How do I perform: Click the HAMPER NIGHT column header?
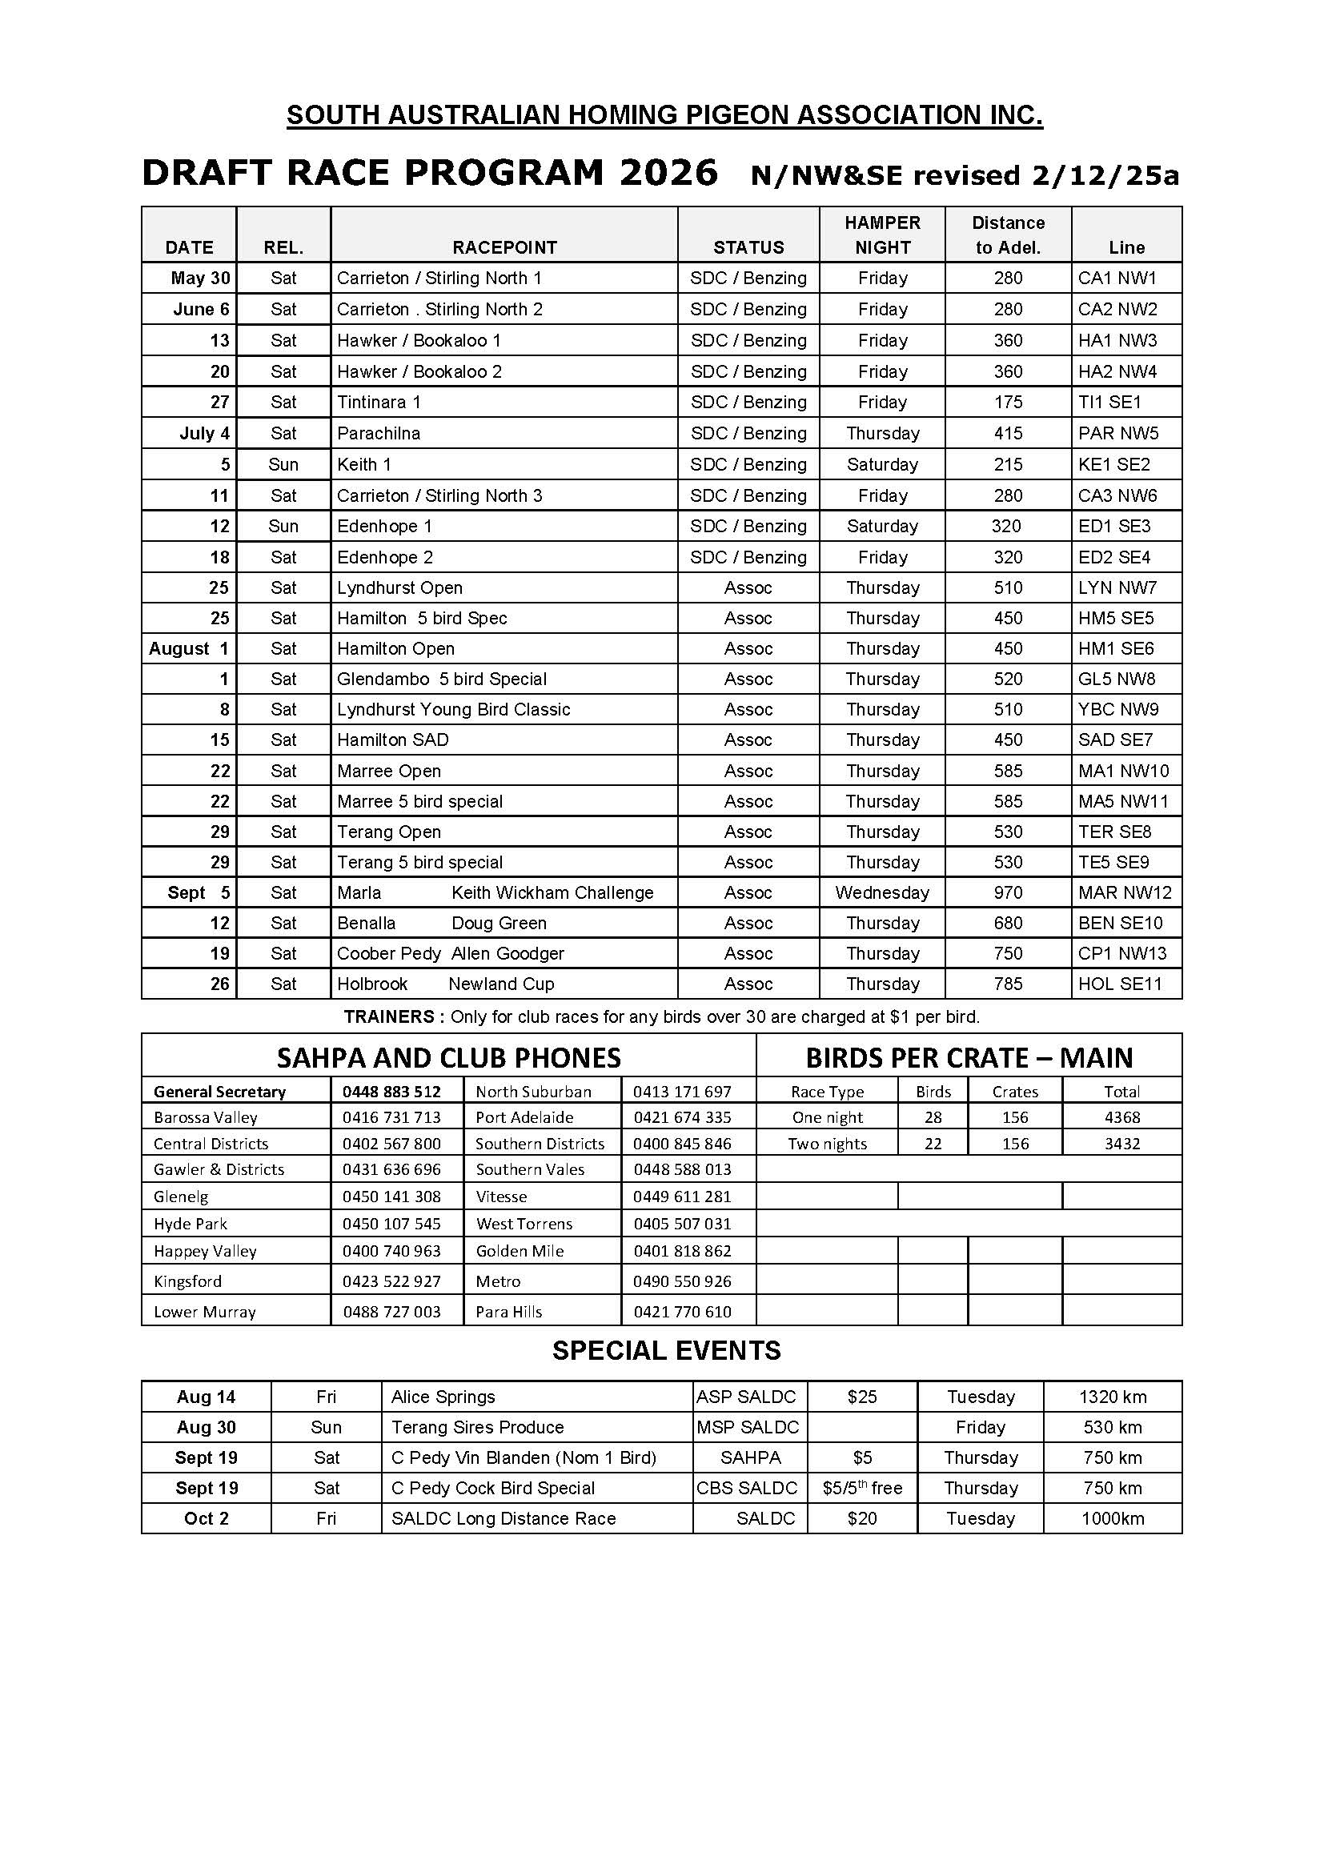[882, 235]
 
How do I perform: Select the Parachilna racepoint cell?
[379, 433]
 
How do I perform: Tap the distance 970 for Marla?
[1008, 893]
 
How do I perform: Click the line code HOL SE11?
[1119, 984]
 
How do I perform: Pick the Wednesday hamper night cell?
[882, 893]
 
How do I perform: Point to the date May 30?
[201, 278]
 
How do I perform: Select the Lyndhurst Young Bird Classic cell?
[453, 709]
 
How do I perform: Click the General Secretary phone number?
[391, 1092]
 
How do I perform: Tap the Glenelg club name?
[181, 1197]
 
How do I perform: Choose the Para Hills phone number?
[682, 1312]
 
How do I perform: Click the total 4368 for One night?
[1121, 1117]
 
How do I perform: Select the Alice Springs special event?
[443, 1397]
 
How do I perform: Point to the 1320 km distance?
[1113, 1397]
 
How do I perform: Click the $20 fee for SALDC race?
[862, 1518]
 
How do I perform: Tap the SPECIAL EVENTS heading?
[666, 1351]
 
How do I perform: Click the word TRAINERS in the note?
[389, 1016]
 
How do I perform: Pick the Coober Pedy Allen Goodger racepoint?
[450, 953]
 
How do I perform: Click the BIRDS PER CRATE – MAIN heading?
[969, 1057]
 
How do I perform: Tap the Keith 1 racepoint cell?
[363, 465]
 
